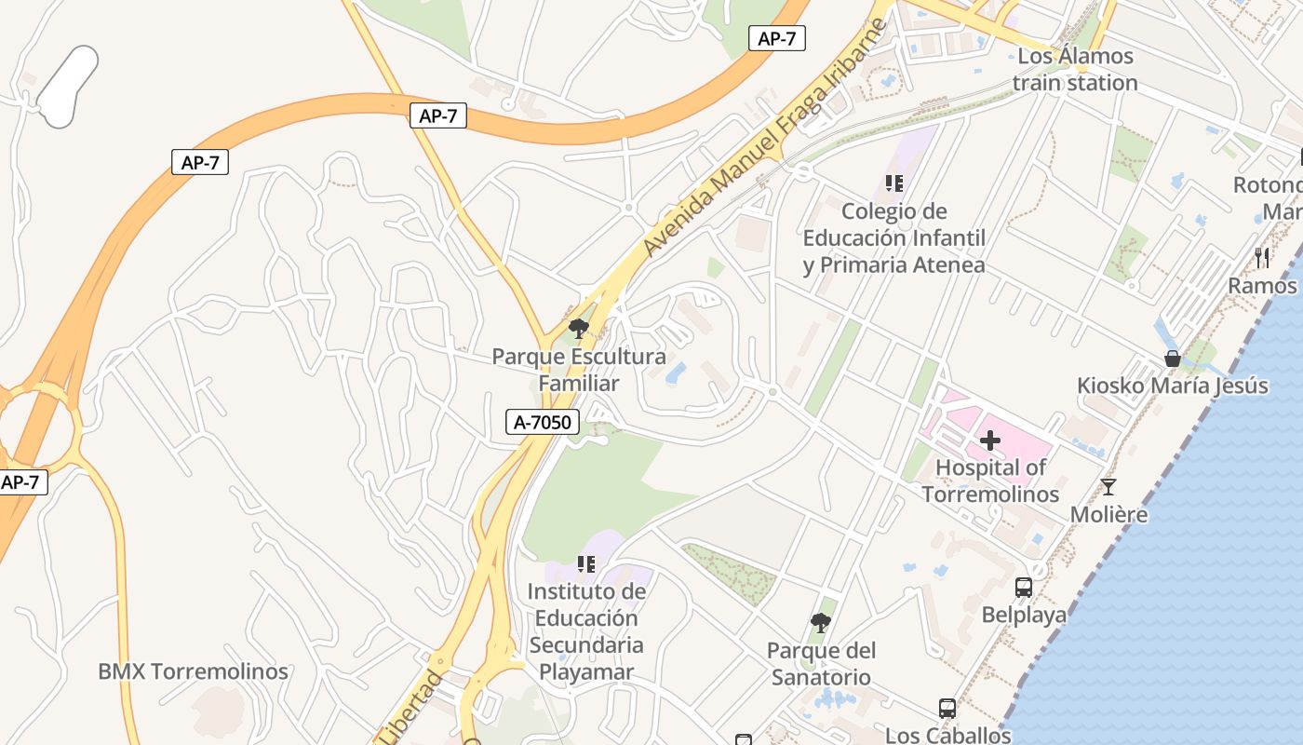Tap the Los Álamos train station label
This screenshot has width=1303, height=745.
coord(1075,69)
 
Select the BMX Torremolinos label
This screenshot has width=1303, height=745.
coord(193,671)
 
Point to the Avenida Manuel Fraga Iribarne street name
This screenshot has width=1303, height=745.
coord(761,140)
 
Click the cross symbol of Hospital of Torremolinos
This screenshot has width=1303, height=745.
coord(990,440)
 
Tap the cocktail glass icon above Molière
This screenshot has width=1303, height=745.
coord(1108,486)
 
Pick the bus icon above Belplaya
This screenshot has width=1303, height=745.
coord(1023,588)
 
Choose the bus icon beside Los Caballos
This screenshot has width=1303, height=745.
coord(947,709)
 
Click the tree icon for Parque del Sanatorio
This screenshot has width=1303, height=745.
coord(820,622)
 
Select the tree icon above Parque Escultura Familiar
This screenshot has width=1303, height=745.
coord(579,328)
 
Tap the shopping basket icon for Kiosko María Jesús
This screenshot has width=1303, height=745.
coord(1173,359)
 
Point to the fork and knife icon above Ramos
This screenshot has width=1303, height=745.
coord(1262,257)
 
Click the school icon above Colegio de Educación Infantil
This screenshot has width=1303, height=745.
coord(894,183)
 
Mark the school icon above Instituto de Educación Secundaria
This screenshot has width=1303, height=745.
coord(585,563)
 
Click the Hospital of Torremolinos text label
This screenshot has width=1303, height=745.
coord(990,481)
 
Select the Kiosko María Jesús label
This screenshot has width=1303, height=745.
coord(1172,386)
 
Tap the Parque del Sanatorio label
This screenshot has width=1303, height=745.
coord(821,664)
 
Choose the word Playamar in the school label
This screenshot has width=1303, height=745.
coord(586,671)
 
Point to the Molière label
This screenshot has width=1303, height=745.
coord(1108,515)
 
